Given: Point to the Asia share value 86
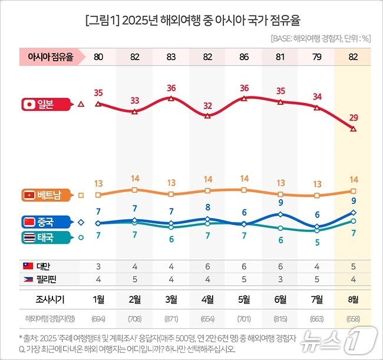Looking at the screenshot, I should pyautogui.click(x=244, y=57).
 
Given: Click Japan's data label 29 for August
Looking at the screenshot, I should pyautogui.click(x=354, y=118).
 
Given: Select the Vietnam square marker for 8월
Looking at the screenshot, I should pyautogui.click(x=353, y=191).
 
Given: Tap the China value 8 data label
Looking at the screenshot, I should pyautogui.click(x=207, y=207).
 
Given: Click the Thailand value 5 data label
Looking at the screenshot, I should pyautogui.click(x=317, y=242).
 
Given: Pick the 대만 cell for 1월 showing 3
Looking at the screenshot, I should pyautogui.click(x=98, y=266).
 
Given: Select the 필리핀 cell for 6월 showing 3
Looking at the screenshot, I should pyautogui.click(x=280, y=279).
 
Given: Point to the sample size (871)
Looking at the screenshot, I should pyautogui.click(x=171, y=319).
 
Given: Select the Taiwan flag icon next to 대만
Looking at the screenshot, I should pyautogui.click(x=27, y=266).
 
